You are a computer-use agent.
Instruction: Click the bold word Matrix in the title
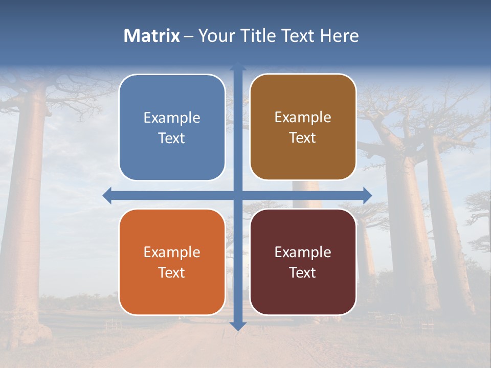point(152,36)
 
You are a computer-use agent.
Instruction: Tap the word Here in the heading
point(339,36)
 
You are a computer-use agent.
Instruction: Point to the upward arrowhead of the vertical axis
point(238,67)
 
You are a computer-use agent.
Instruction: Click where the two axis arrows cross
point(238,195)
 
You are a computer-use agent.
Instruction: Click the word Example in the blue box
point(172,118)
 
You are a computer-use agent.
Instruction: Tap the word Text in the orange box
point(172,273)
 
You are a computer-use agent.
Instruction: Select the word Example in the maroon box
point(303,252)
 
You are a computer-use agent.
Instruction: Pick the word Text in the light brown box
point(303,138)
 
